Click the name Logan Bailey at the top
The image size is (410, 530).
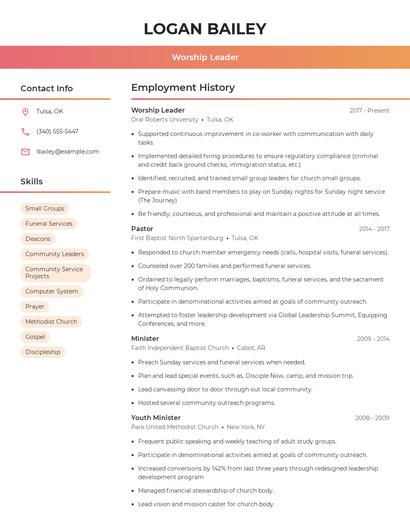click(x=205, y=29)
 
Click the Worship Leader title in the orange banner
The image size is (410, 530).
click(x=205, y=57)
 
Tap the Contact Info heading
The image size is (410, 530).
click(x=47, y=88)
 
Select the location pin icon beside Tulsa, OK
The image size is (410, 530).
click(x=25, y=111)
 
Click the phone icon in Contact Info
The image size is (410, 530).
click(x=25, y=131)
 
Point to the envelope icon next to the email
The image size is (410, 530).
click(x=25, y=151)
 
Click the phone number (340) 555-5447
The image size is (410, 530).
click(x=57, y=131)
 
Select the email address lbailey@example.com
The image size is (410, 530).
click(x=67, y=151)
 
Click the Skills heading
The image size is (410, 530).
click(x=32, y=182)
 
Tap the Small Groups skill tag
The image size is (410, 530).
click(x=45, y=208)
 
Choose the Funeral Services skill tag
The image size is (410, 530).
click(x=49, y=223)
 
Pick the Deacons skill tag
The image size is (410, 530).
click(x=38, y=238)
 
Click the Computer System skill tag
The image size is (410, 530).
click(x=51, y=291)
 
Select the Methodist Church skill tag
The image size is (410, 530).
click(x=51, y=321)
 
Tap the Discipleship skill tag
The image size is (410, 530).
click(x=43, y=351)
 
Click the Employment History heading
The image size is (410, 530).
click(x=183, y=88)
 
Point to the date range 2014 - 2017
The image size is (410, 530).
click(x=374, y=229)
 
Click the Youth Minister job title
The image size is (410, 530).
click(x=156, y=417)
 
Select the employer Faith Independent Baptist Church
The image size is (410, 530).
click(x=180, y=347)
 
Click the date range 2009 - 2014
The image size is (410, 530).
click(x=373, y=338)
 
